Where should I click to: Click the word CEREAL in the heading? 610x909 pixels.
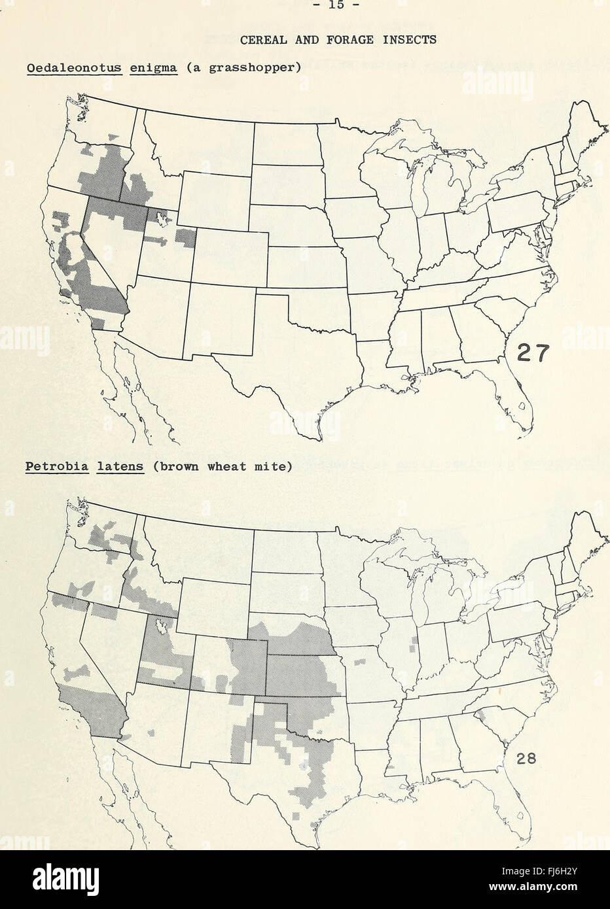click(260, 40)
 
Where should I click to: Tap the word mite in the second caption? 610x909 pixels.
click(269, 467)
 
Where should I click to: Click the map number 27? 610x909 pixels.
click(534, 355)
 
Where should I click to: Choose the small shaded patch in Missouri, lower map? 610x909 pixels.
click(360, 662)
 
